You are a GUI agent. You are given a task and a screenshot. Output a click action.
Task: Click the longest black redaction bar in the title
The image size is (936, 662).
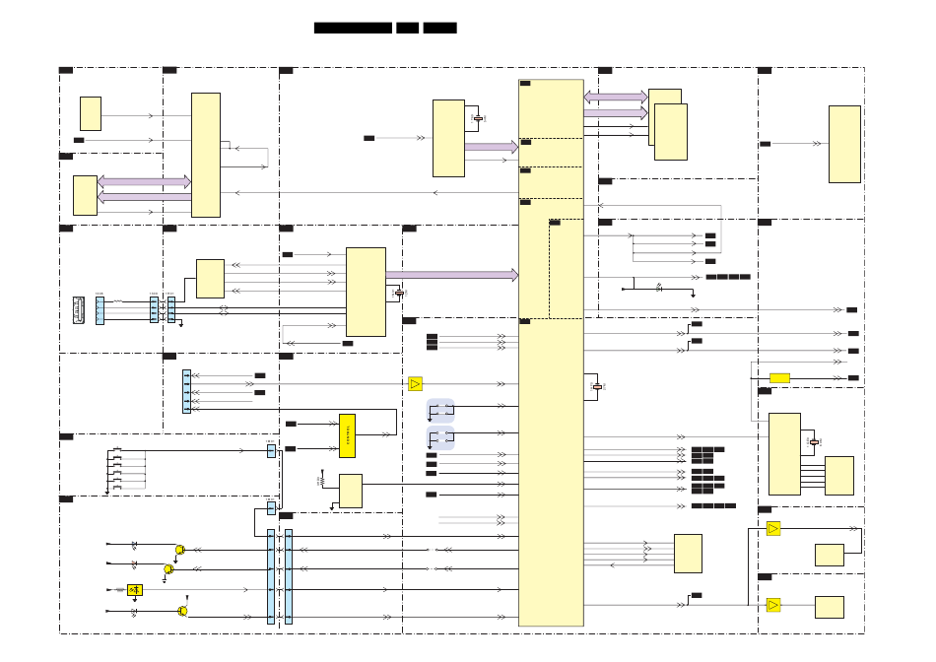tap(353, 28)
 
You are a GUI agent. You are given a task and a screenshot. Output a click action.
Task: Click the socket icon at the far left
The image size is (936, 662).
tap(79, 310)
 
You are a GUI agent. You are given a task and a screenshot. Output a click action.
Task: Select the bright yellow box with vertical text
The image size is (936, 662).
tap(347, 435)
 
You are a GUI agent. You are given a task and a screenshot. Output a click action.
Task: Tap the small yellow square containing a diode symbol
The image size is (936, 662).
tap(135, 590)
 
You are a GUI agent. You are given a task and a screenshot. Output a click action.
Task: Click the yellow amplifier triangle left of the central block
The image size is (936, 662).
tap(415, 383)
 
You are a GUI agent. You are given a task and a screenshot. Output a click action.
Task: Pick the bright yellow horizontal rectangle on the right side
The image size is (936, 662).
tap(779, 377)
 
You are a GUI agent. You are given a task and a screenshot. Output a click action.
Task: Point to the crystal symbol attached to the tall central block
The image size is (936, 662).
tap(597, 387)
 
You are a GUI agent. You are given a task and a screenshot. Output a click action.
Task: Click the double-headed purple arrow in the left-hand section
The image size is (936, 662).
tap(144, 182)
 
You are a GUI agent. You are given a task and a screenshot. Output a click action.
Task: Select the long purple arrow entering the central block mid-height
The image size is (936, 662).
tap(451, 275)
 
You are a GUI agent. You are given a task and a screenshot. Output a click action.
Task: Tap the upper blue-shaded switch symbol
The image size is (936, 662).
tap(440, 410)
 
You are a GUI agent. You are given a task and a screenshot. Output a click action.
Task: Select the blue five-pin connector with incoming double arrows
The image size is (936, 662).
tap(186, 391)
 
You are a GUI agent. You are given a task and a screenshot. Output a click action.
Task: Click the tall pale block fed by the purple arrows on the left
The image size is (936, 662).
tap(205, 155)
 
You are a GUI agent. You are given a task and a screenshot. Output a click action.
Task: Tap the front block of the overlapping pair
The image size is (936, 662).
tap(671, 132)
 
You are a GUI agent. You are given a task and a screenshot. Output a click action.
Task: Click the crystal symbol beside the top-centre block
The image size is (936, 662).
tap(478, 118)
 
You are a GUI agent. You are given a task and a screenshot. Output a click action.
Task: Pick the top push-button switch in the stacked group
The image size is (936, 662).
tap(117, 450)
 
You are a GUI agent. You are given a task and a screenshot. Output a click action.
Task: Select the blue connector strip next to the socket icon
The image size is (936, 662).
tap(100, 310)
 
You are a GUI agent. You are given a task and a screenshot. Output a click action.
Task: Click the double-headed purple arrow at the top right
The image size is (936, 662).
tap(616, 98)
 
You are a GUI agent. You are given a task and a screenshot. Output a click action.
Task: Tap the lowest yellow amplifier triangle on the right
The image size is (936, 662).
tap(773, 605)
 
